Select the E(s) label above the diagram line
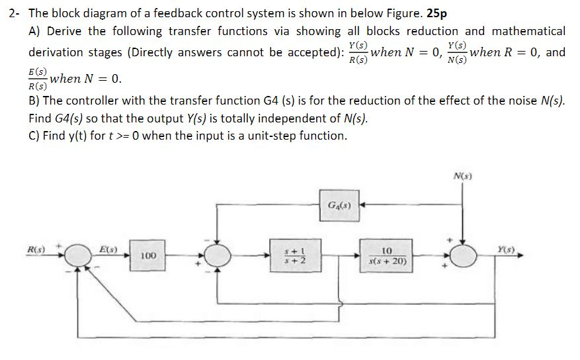pyautogui.click(x=108, y=249)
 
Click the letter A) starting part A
pyautogui.click(x=36, y=31)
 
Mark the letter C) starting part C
pyautogui.click(x=36, y=136)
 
